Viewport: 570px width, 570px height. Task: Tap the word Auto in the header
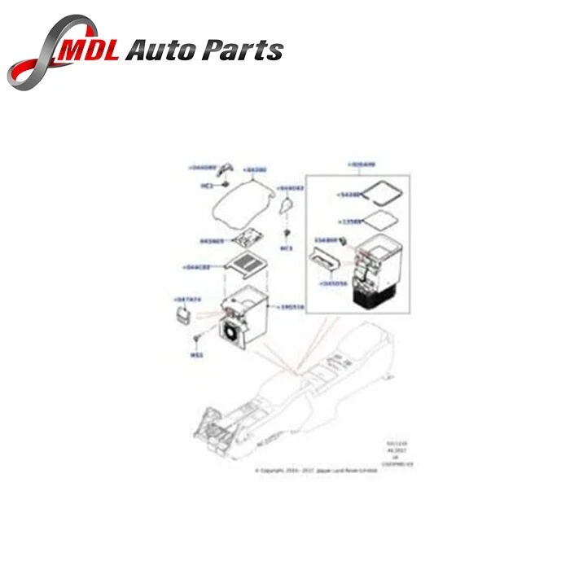pos(168,50)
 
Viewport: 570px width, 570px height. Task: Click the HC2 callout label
pos(206,186)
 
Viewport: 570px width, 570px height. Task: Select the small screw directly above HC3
pos(287,235)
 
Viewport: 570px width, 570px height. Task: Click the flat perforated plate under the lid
pos(248,238)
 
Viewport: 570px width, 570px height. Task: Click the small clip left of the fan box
pos(185,313)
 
